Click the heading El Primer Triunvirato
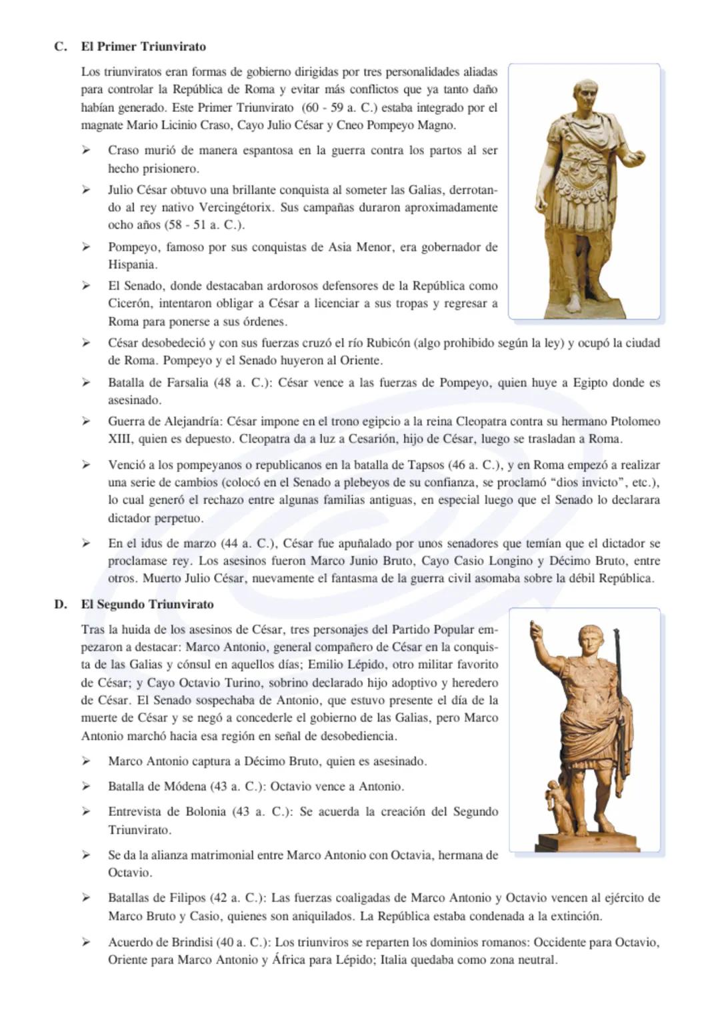click(143, 47)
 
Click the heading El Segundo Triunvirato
click(147, 605)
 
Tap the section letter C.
click(60, 47)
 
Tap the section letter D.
click(60, 605)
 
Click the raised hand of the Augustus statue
click(533, 629)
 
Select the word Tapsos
click(425, 465)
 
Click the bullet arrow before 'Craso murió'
click(86, 151)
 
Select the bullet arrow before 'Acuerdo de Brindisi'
click(86, 943)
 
